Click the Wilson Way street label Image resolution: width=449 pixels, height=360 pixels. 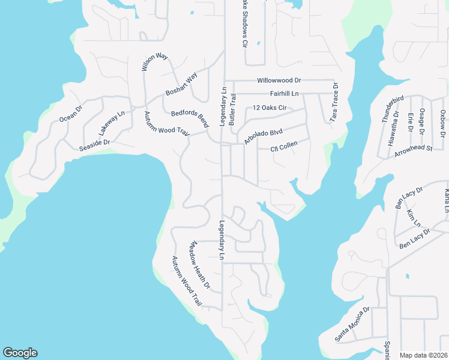point(155,62)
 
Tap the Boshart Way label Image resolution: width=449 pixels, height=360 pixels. point(181,85)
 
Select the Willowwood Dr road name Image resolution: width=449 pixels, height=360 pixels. point(279,80)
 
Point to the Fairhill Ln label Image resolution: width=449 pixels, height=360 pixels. point(284,94)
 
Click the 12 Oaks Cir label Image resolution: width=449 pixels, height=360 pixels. point(270,108)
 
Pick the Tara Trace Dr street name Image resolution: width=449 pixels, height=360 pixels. point(334,103)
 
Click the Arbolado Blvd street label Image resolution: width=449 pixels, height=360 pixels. point(263,136)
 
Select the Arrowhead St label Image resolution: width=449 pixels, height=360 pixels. point(414,150)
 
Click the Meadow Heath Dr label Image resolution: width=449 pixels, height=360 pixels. point(200,266)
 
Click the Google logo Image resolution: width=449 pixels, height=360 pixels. point(20,353)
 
